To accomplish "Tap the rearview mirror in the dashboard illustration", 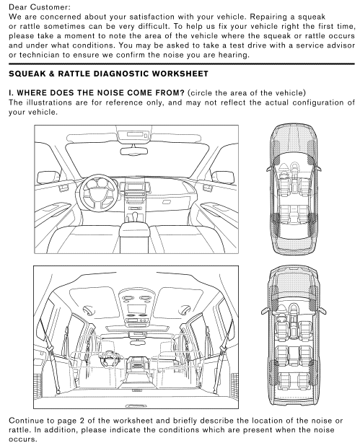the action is (134, 151).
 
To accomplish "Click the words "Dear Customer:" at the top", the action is (40, 7).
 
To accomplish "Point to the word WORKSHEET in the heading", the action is (182, 74).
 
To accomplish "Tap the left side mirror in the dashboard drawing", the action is (48, 177).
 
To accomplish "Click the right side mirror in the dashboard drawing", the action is (224, 177).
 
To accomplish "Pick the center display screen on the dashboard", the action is (134, 186).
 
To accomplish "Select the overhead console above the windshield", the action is (133, 134).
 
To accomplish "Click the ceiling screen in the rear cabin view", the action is (136, 309).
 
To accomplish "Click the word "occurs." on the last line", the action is (23, 439).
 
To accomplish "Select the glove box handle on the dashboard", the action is (167, 202).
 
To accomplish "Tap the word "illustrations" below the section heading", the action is (49, 102).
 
